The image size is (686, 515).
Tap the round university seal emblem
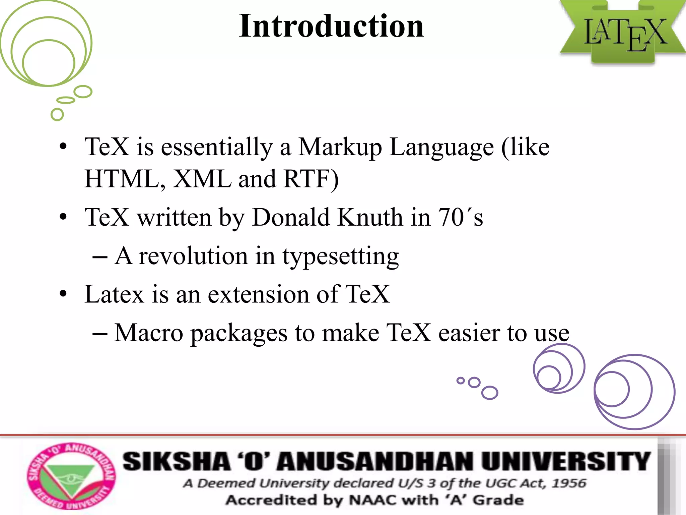[x=71, y=476]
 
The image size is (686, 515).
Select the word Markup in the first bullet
[x=340, y=148]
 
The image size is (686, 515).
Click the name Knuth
[x=370, y=217]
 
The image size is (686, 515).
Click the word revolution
[x=193, y=256]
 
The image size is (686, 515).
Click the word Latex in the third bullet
[x=114, y=294]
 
